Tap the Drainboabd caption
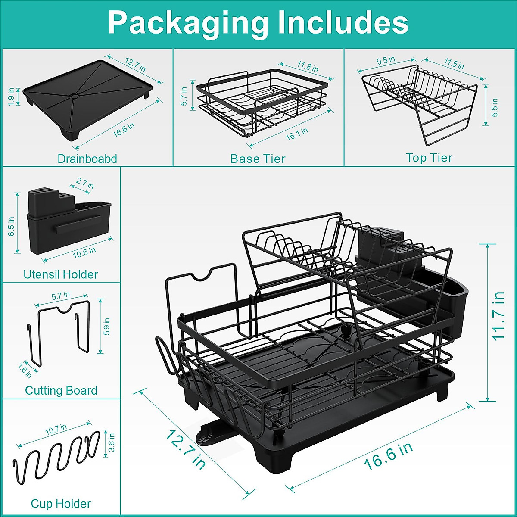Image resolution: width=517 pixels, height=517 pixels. pyautogui.click(x=87, y=159)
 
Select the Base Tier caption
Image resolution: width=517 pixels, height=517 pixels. pyautogui.click(x=258, y=159)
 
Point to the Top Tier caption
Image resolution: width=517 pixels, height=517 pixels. pyautogui.click(x=429, y=158)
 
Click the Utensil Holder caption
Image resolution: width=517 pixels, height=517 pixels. pyautogui.click(x=61, y=274)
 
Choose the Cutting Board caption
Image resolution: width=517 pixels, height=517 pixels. pyautogui.click(x=61, y=391)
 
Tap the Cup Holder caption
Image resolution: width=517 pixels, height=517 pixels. pyautogui.click(x=61, y=504)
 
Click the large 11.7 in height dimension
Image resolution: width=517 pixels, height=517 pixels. pyautogui.click(x=498, y=316)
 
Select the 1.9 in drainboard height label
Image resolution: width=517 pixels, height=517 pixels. pyautogui.click(x=12, y=96)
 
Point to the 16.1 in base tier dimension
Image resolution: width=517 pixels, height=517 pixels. pyautogui.click(x=297, y=134)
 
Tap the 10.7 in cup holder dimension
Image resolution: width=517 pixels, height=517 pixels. pyautogui.click(x=56, y=429)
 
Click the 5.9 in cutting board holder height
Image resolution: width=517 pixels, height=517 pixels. pyautogui.click(x=107, y=327)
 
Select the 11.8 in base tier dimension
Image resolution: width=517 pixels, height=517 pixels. pyautogui.click(x=308, y=66)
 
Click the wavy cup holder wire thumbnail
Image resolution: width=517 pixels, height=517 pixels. pyautogui.click(x=56, y=457)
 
